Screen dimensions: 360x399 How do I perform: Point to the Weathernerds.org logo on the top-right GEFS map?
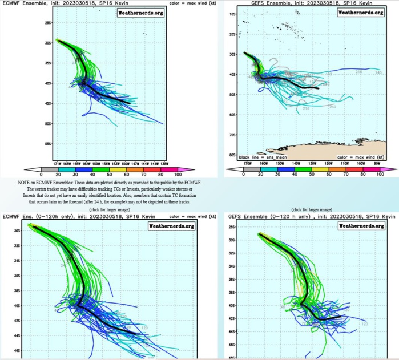[360, 13]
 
